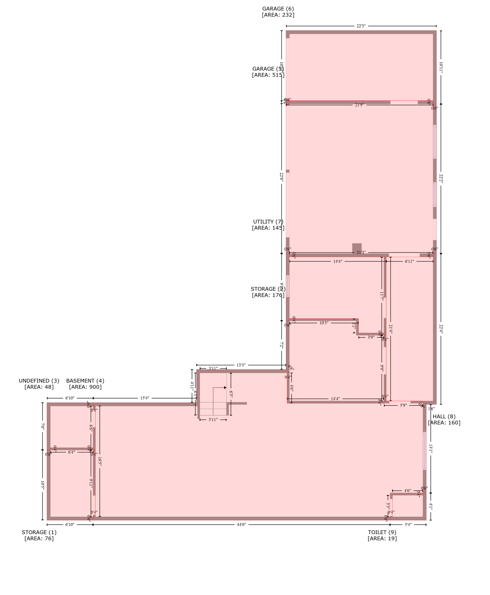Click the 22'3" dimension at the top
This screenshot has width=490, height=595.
(361, 26)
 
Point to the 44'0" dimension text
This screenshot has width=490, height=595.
(241, 524)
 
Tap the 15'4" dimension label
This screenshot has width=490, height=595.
(144, 398)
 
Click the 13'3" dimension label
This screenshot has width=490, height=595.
(241, 365)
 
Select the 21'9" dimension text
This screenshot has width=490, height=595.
(359, 105)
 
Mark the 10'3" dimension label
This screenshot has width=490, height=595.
(324, 323)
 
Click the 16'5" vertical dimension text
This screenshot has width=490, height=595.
(99, 461)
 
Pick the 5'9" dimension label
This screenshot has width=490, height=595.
(403, 405)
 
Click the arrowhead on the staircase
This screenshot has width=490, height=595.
(225, 387)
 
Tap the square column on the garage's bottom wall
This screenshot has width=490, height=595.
(357, 248)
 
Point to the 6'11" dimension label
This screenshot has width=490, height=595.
(409, 261)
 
